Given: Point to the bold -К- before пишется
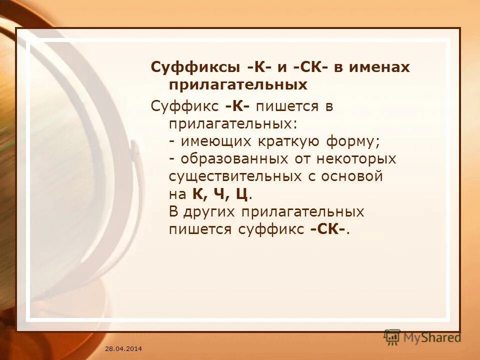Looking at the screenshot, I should point(237,106).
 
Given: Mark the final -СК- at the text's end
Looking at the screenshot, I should point(327,229).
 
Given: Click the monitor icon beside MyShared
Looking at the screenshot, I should point(392,337).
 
